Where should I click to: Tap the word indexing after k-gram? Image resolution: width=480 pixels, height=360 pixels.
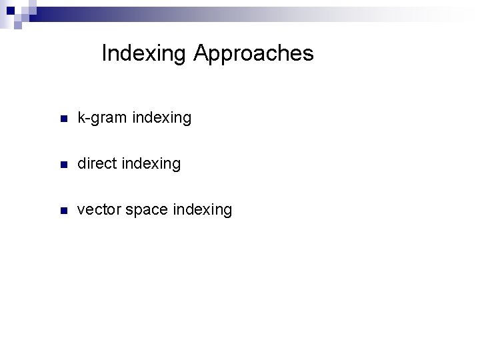pos(162,119)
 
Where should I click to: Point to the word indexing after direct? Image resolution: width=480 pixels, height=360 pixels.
pos(151,164)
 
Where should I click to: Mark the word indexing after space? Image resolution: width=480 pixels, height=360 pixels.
pos(203,211)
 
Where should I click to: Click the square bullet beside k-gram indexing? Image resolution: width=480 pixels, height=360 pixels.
pos(63,119)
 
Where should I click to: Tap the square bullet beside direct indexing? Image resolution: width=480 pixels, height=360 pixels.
pos(63,165)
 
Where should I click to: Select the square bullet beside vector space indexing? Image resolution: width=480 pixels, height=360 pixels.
pos(63,211)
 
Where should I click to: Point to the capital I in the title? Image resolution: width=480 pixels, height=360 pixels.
pos(105,53)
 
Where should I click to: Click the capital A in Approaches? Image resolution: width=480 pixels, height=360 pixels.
pos(201,53)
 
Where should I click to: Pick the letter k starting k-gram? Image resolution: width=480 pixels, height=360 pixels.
pos(81,118)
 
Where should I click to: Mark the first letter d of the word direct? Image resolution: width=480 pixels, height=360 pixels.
pos(81,164)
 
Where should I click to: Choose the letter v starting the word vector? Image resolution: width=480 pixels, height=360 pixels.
pos(81,211)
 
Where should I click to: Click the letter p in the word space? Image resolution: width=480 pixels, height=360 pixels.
pos(137,212)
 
